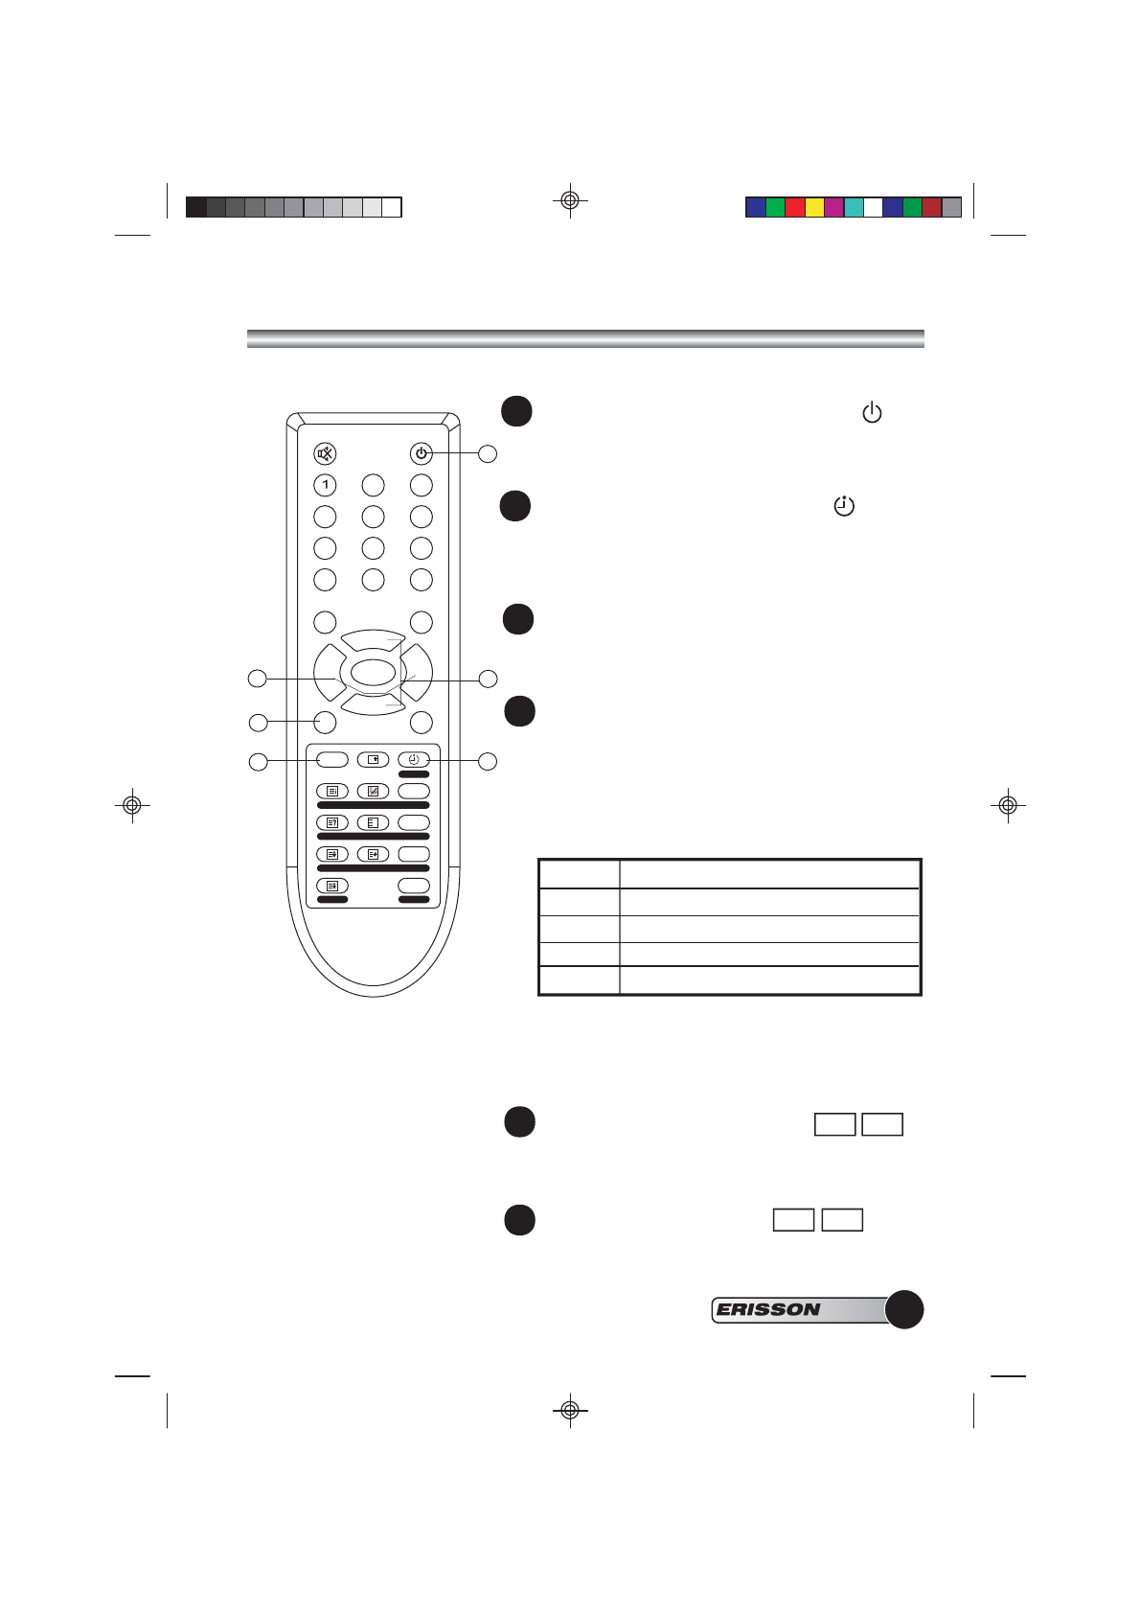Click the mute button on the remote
pos(326,453)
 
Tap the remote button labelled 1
pos(326,485)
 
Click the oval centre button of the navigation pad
pos(373,672)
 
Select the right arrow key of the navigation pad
pos(419,674)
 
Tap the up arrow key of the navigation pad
pos(373,641)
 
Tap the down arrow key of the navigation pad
pos(373,704)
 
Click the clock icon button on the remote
pos(414,759)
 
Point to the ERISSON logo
pos(769,1309)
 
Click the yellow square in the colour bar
pos(814,207)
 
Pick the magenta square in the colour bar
pos(834,207)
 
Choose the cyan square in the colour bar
pos(854,207)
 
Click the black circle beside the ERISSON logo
pos(903,1309)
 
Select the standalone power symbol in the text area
pos(872,413)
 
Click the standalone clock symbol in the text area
pos(844,505)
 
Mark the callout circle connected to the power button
pos(488,454)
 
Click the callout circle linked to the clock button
pos(488,761)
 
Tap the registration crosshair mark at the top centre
pos(570,200)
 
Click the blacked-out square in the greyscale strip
pos(196,207)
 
